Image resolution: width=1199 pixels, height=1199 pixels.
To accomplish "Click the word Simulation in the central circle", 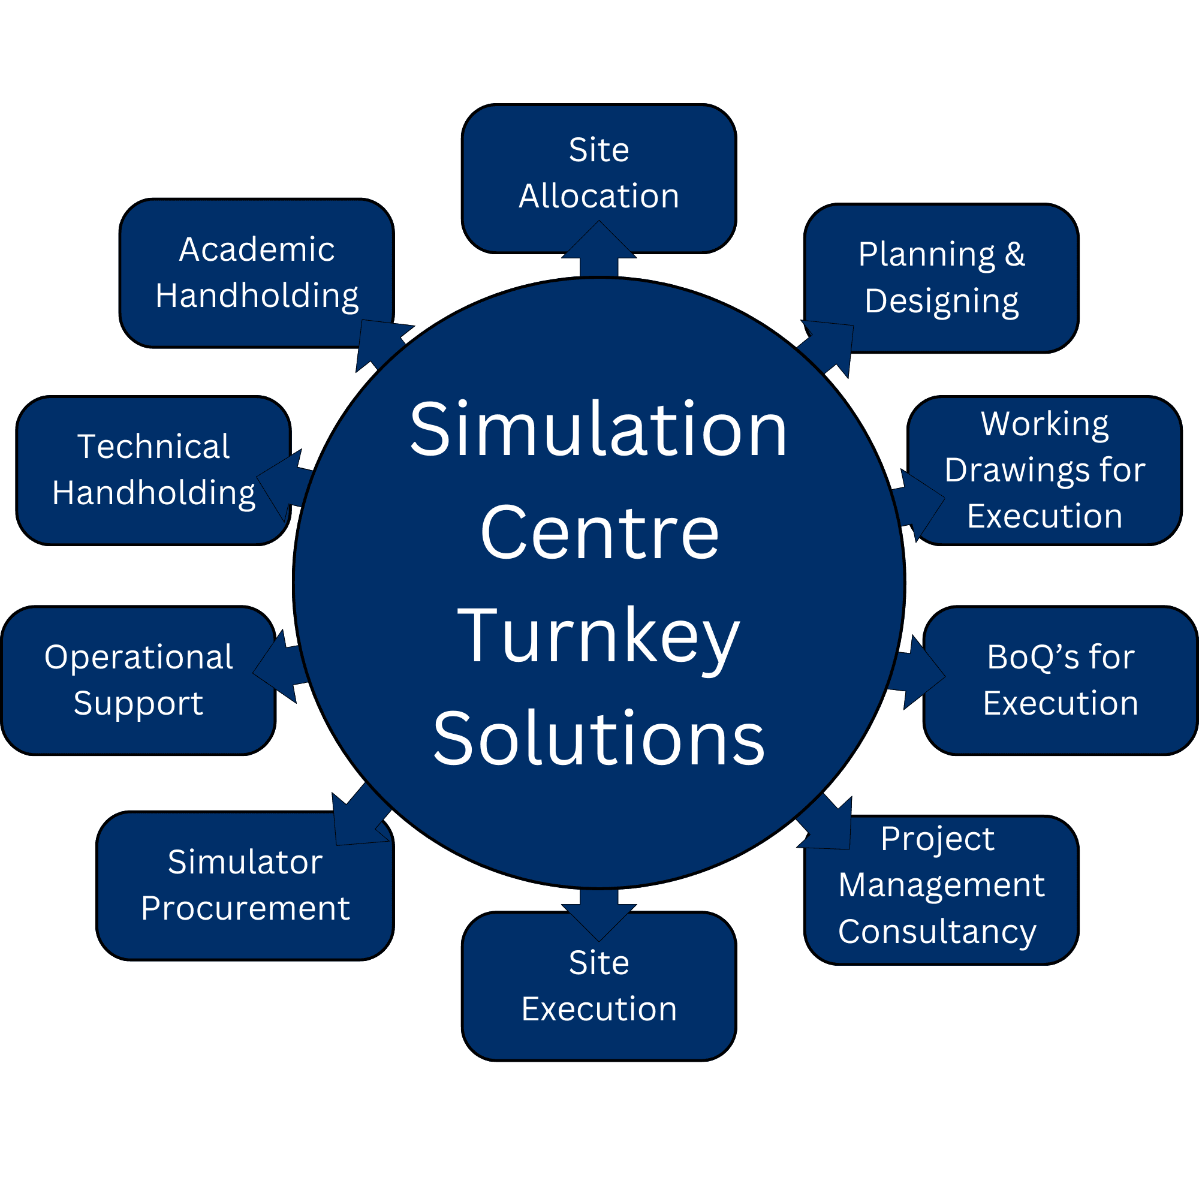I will click(598, 429).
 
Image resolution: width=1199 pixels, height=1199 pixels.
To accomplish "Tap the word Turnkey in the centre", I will click(598, 637).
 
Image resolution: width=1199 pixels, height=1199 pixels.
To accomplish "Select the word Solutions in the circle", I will click(598, 739).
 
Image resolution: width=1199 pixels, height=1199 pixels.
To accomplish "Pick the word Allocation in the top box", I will click(599, 196).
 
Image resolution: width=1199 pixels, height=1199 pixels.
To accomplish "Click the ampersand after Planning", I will click(1015, 254).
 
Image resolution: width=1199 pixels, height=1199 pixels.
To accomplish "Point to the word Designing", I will click(941, 302).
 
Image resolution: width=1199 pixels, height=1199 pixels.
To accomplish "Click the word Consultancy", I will click(937, 932).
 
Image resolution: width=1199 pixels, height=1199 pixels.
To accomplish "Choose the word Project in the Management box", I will click(937, 839).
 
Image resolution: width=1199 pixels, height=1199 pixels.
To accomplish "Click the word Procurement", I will click(245, 909).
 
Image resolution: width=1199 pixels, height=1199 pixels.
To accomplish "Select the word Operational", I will click(138, 657).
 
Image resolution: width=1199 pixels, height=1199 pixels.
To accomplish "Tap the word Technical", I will click(153, 447).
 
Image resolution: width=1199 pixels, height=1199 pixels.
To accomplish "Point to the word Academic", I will click(257, 249).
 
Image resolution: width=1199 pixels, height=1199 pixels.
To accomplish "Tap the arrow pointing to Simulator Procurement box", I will click(360, 816).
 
